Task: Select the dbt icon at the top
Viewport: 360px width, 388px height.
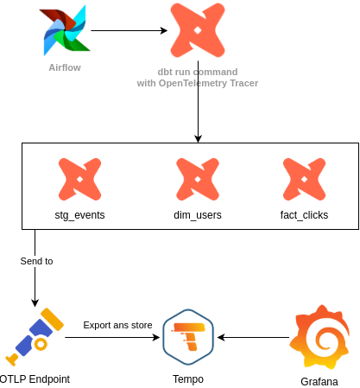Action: click(199, 30)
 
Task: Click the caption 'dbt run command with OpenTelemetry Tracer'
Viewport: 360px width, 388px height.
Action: click(198, 77)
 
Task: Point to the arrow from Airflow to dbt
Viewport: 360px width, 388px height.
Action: click(129, 31)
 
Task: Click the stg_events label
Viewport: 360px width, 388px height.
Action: click(80, 213)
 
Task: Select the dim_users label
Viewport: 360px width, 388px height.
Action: click(198, 213)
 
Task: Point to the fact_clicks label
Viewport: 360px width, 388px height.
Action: click(305, 213)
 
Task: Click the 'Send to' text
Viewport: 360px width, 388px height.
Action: click(36, 260)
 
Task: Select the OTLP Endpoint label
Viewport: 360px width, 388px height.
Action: click(35, 378)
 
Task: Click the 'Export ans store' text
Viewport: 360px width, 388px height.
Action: click(117, 325)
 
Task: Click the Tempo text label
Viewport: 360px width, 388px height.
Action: click(188, 378)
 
